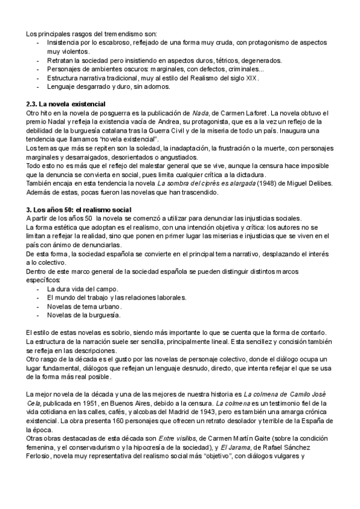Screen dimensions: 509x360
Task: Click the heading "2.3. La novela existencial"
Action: [67, 104]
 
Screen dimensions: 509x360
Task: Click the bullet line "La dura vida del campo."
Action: [80, 289]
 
